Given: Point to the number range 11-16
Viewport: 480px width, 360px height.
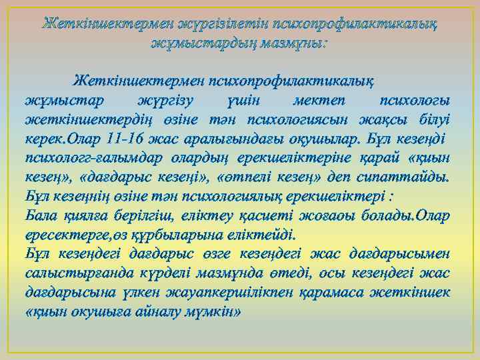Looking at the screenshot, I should tap(127, 139).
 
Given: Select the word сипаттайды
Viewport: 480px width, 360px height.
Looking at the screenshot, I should tap(413, 178).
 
